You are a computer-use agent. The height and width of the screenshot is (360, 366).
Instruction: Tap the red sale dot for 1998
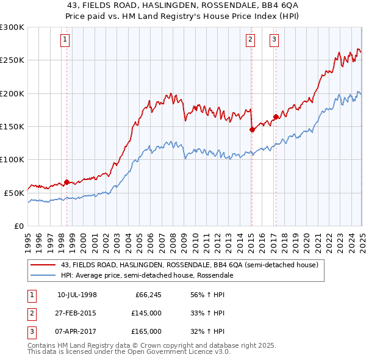pos(66,182)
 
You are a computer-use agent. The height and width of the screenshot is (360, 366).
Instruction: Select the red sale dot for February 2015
pos(252,129)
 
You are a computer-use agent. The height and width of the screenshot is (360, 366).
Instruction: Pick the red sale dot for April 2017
pos(276,117)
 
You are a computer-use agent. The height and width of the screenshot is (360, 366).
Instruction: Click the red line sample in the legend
pos(43,265)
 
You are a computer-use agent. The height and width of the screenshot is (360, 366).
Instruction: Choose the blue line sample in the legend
pos(43,275)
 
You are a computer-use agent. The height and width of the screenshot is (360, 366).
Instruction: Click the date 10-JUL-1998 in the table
pos(77,295)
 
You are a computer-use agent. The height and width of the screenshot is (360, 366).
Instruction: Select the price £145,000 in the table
pos(146,313)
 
